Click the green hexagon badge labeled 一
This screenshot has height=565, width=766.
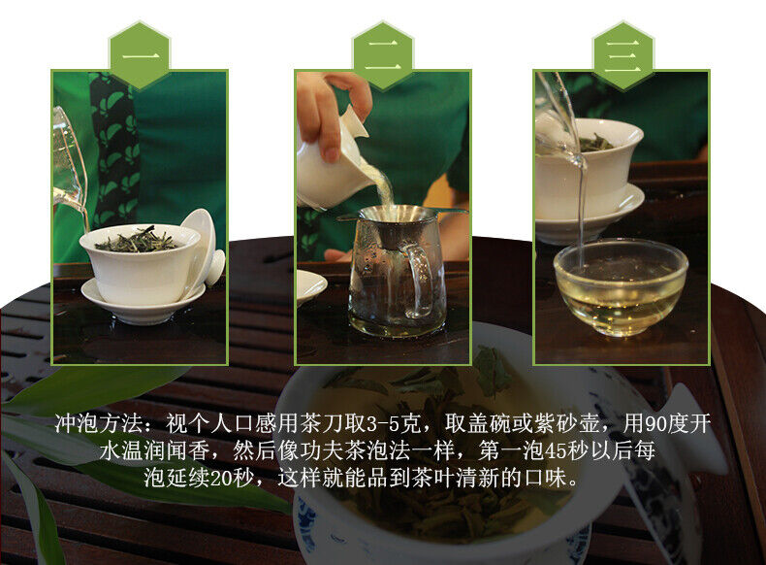coord(140,55)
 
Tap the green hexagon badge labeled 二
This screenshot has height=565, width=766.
coord(383,55)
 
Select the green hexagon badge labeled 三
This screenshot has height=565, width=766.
coord(623,55)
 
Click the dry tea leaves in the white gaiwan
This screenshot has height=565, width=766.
coord(138,240)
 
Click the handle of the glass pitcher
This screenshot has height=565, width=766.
coord(417,281)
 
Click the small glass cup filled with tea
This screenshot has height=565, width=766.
coord(621,287)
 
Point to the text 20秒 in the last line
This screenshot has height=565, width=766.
coord(233,478)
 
